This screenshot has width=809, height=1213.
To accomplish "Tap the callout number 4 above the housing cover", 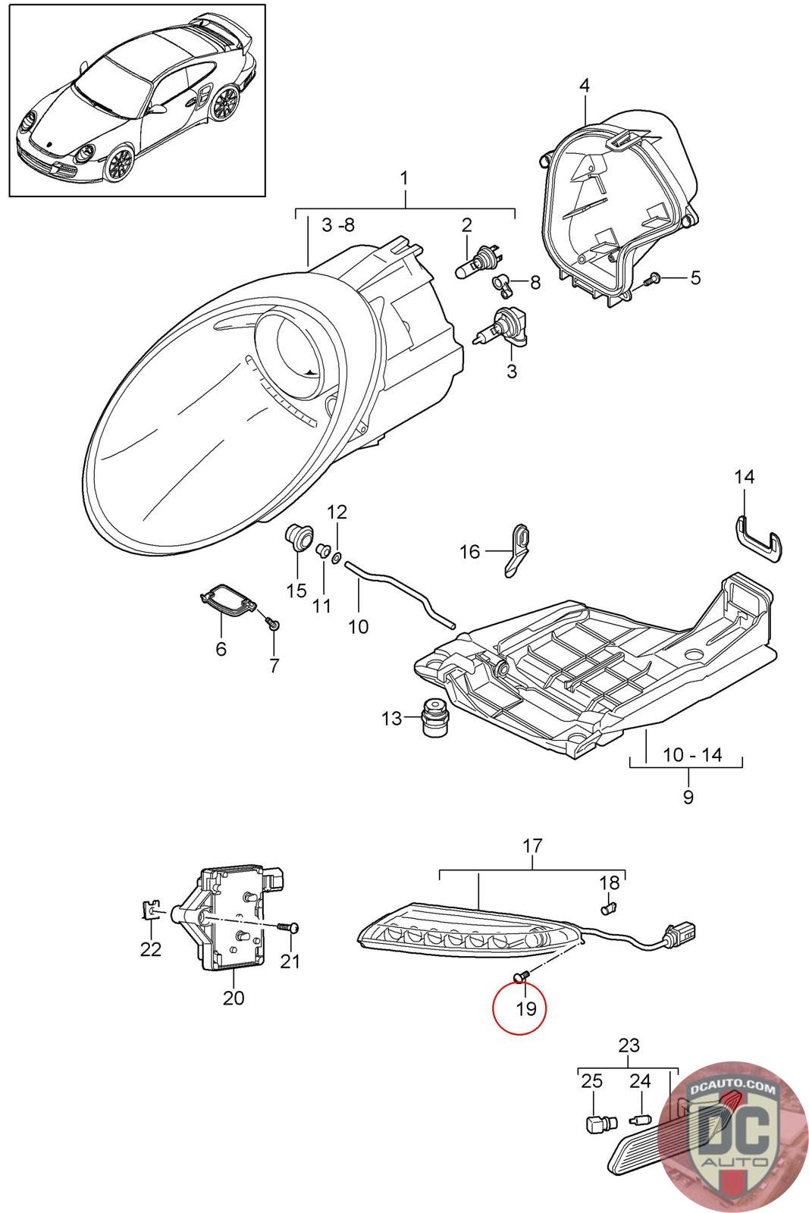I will [584, 86].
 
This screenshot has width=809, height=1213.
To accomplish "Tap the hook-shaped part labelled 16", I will [518, 549].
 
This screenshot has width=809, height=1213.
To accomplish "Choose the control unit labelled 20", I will [231, 918].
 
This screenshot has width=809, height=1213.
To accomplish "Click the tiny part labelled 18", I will [608, 906].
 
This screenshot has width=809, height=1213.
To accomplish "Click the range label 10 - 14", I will [692, 754].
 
